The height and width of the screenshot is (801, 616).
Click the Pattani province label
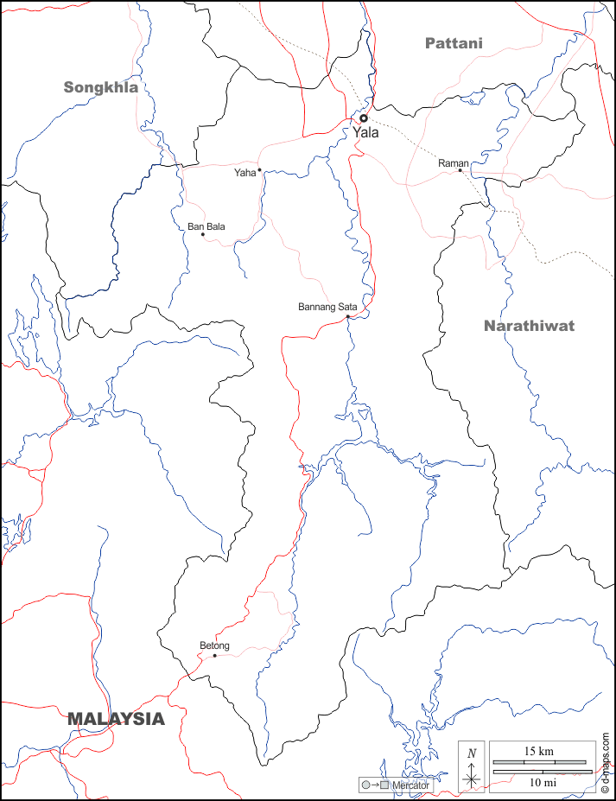pyautogui.click(x=454, y=42)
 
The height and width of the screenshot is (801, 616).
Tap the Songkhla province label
pyautogui.click(x=101, y=86)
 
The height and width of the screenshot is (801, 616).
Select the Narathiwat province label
pyautogui.click(x=529, y=326)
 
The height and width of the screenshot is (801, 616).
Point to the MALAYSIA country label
pyautogui.click(x=116, y=718)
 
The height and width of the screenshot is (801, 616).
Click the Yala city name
pyautogui.click(x=365, y=133)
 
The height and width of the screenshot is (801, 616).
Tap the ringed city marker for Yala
pyautogui.click(x=364, y=118)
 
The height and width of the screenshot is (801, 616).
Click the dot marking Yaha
pyautogui.click(x=259, y=170)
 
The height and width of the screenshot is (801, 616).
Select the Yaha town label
pyautogui.click(x=244, y=173)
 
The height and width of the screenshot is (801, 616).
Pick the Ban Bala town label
pyautogui.click(x=206, y=226)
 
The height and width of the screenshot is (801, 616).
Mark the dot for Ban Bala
pyautogui.click(x=203, y=234)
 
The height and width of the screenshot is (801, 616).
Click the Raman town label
pyautogui.click(x=452, y=163)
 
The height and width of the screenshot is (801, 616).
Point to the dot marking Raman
pyautogui.click(x=460, y=170)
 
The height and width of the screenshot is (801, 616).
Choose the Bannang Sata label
pyautogui.click(x=327, y=307)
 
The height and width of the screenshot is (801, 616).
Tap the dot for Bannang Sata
pyautogui.click(x=347, y=317)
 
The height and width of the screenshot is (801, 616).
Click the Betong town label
pyautogui.click(x=214, y=645)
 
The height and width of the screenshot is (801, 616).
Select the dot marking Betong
pyautogui.click(x=214, y=655)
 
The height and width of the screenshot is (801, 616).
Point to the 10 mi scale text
pyautogui.click(x=543, y=782)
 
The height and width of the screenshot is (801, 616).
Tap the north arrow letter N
pyautogui.click(x=471, y=753)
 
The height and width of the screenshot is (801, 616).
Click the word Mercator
pyautogui.click(x=410, y=785)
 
